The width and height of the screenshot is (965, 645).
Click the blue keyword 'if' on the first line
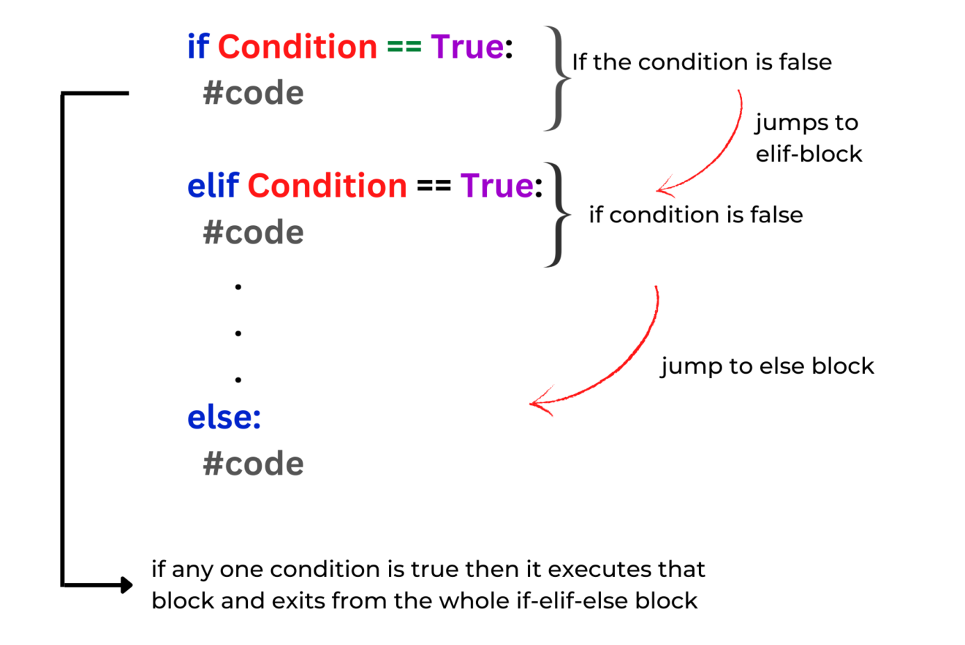click(198, 46)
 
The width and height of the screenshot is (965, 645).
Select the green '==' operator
click(404, 47)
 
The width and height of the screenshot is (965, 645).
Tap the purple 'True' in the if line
click(467, 46)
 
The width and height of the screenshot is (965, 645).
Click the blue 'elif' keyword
click(213, 185)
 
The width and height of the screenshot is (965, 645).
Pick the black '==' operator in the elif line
click(434, 186)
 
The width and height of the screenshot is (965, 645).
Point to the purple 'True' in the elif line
click(496, 185)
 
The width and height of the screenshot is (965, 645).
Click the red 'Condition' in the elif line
click(328, 185)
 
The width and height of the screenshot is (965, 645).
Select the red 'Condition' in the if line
click(298, 46)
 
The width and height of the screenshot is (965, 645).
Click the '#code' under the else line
click(253, 464)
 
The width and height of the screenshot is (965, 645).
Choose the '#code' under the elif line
click(253, 233)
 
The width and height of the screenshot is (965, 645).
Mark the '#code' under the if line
click(253, 93)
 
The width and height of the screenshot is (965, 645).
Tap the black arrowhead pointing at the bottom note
click(126, 585)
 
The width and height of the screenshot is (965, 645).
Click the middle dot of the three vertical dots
click(238, 333)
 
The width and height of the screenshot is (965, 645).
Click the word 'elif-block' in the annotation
click(809, 154)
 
